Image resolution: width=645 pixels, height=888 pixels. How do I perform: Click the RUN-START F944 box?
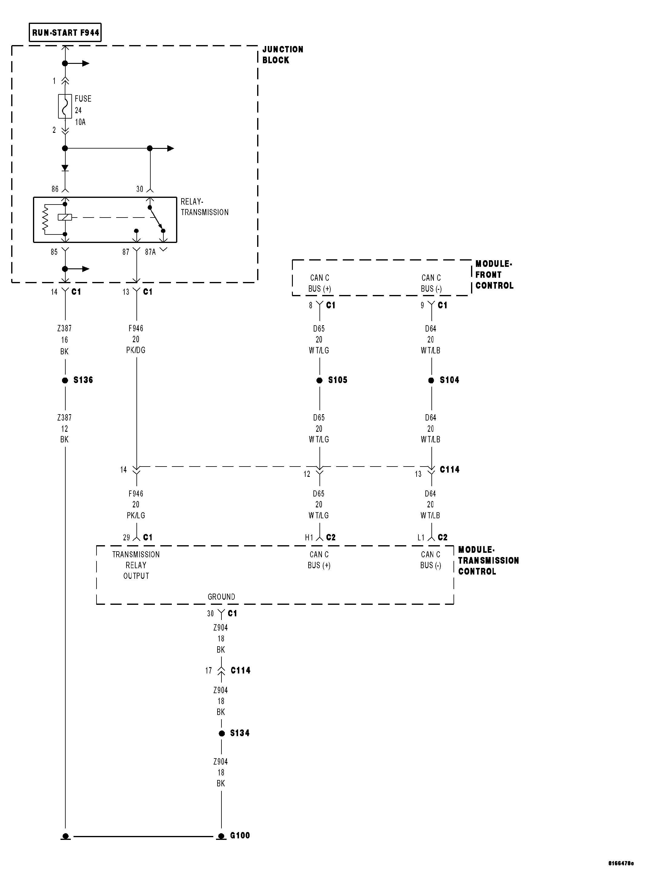tap(65, 32)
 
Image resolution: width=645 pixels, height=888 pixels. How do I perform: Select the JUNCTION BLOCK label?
tap(282, 55)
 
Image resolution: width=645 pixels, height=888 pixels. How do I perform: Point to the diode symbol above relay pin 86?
tap(65, 168)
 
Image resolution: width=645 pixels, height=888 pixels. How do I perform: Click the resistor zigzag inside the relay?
tap(45, 218)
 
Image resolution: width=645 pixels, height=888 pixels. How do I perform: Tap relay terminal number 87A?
tap(150, 252)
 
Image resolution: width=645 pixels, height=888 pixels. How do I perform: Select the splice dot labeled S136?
tap(65, 380)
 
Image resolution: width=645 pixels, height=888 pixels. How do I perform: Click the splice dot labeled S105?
tap(319, 380)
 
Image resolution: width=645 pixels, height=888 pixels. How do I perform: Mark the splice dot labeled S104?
tap(431, 380)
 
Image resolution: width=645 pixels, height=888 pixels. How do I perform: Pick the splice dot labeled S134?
tap(222, 733)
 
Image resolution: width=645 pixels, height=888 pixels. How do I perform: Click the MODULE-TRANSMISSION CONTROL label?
tap(488, 561)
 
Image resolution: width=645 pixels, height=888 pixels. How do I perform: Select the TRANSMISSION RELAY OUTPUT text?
tap(136, 565)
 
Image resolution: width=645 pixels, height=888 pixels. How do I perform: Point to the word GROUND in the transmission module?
tap(221, 597)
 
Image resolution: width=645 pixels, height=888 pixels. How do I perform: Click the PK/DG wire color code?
tap(136, 350)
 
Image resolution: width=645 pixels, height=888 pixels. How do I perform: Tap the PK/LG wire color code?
tap(136, 516)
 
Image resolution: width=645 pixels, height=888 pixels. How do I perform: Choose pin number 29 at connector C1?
tap(126, 538)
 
